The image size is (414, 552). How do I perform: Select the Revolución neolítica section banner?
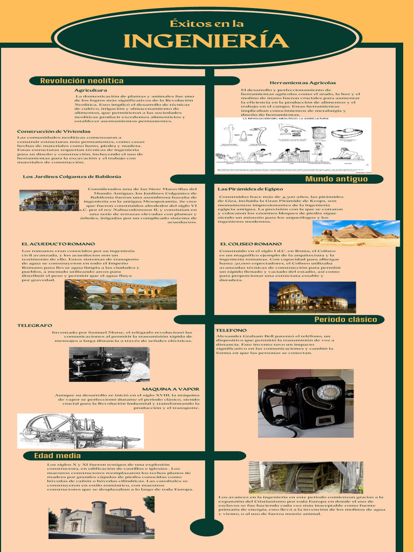[x=82, y=81]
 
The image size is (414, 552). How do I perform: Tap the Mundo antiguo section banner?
[x=336, y=179]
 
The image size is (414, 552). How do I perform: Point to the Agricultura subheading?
[x=91, y=90]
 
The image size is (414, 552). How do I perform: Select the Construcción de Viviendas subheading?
[x=54, y=132]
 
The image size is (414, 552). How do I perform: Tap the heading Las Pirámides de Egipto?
[x=250, y=189]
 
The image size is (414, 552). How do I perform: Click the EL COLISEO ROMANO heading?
[x=251, y=244]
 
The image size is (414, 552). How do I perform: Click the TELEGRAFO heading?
[x=34, y=326]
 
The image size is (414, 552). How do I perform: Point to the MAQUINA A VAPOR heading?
[x=170, y=389]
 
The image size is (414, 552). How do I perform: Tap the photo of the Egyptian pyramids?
[x=356, y=233]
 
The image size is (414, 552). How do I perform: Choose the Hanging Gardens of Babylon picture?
[x=49, y=200]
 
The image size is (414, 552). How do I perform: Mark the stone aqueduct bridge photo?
[x=121, y=294]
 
